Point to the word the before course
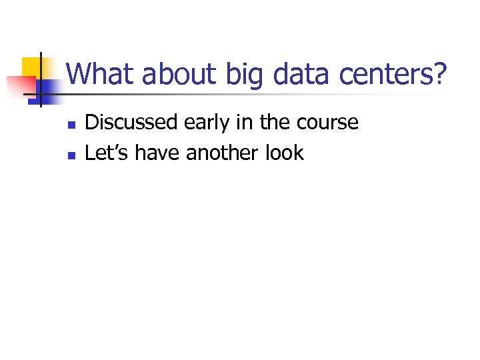coord(275,123)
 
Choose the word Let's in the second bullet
coord(108,153)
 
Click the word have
coord(159,153)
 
